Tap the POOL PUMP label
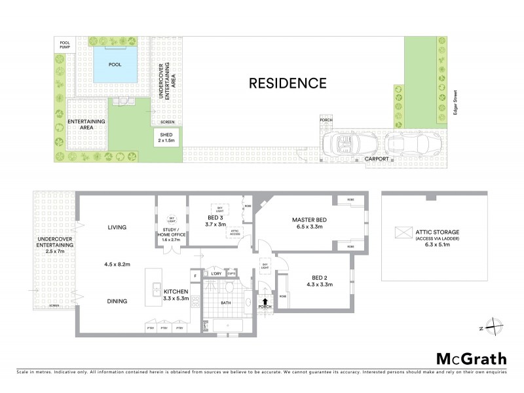(x=64, y=44)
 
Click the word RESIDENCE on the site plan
(x=287, y=83)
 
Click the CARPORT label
(x=377, y=159)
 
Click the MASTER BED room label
(x=309, y=220)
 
